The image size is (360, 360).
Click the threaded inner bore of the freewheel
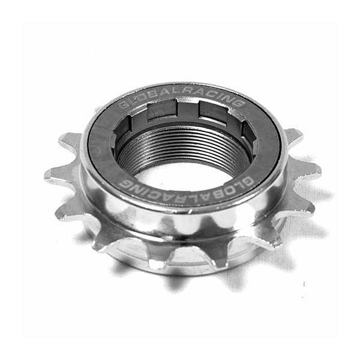tap(184, 149)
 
